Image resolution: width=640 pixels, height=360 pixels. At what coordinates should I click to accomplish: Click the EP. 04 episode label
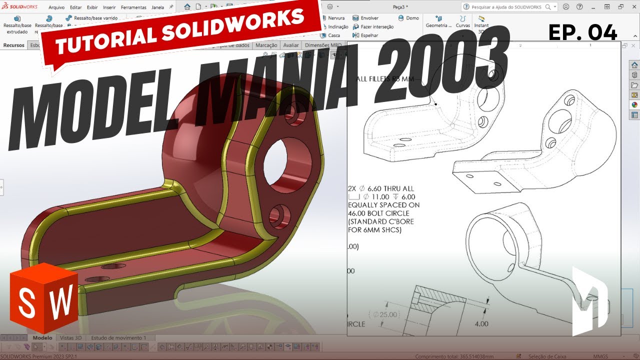tap(582, 32)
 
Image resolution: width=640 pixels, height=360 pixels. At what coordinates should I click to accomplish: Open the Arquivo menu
tap(56, 7)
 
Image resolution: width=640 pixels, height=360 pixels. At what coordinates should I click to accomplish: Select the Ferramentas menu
tap(133, 7)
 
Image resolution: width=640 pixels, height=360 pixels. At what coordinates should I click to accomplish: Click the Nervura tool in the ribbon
tap(335, 18)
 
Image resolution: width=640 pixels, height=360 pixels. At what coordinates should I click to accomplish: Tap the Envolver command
tap(369, 18)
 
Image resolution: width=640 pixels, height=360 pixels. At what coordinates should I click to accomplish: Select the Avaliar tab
tap(290, 45)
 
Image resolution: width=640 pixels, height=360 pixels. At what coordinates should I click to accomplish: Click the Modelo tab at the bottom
tap(42, 338)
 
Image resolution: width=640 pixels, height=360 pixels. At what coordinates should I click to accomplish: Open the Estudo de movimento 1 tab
tap(118, 338)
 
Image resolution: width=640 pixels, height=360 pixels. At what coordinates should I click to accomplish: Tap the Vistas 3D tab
tap(70, 338)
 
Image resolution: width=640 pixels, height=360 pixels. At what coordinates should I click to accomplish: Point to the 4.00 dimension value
tap(481, 324)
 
